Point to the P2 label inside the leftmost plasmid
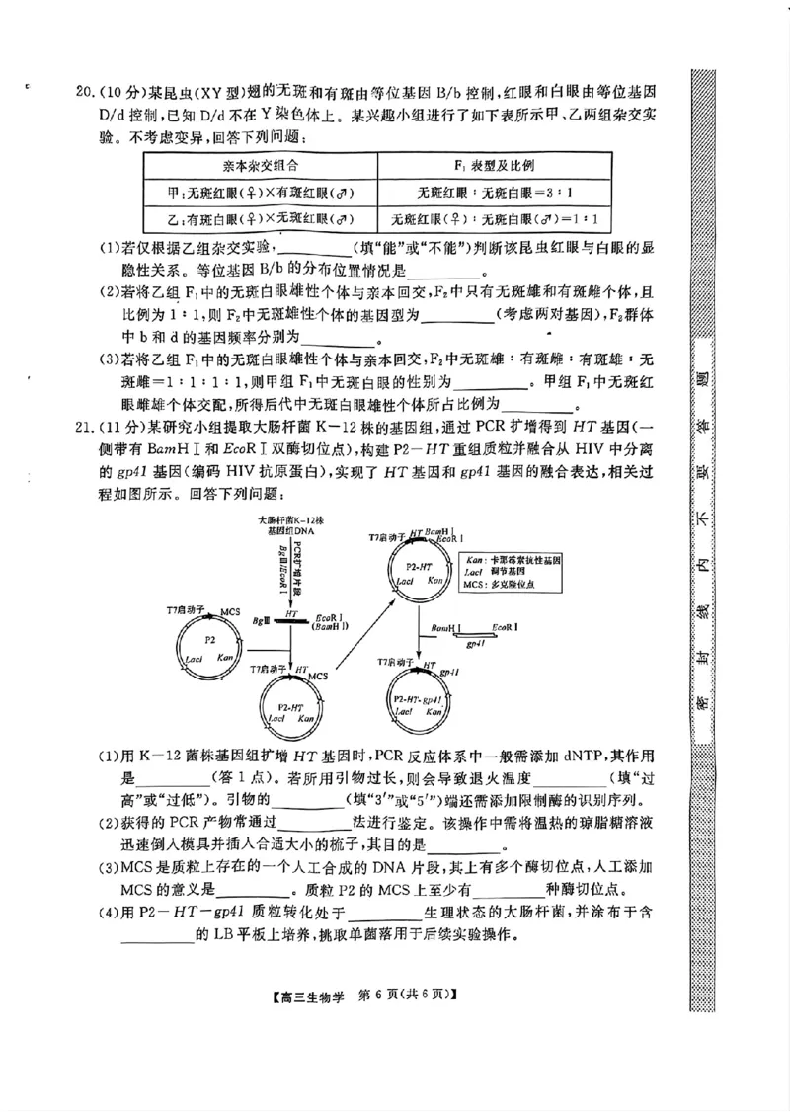click(x=209, y=640)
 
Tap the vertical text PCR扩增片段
click(x=297, y=563)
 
